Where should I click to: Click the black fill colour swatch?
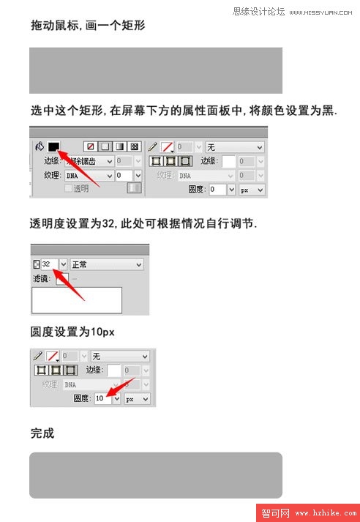[53, 146]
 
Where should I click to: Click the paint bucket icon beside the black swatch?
[40, 146]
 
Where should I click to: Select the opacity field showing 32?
[48, 264]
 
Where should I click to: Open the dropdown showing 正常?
[106, 264]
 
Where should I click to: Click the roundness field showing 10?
[102, 398]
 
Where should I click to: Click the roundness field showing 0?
[217, 189]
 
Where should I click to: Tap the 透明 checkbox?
[70, 188]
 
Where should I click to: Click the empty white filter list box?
[77, 300]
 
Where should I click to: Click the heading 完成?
[42, 433]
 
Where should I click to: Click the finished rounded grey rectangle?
[155, 475]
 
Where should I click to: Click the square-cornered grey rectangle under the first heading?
[155, 70]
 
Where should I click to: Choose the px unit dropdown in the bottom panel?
[137, 399]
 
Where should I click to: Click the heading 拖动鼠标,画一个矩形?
[88, 26]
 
